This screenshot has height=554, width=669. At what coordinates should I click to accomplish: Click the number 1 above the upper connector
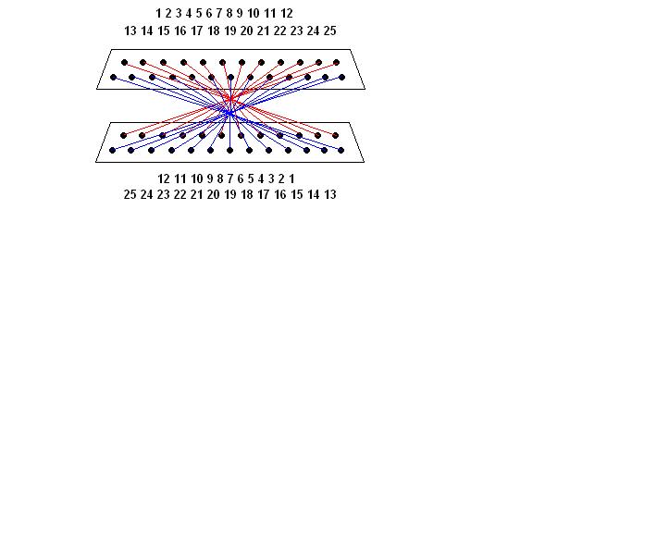[x=158, y=14]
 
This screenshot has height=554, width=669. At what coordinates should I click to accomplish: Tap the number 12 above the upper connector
[x=287, y=14]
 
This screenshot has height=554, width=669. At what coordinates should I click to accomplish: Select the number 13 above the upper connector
[x=130, y=31]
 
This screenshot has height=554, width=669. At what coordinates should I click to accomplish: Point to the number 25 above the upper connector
[x=329, y=31]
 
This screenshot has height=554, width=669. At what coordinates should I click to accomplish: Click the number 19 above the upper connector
[x=230, y=31]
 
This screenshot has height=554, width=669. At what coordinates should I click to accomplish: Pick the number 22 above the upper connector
[x=279, y=31]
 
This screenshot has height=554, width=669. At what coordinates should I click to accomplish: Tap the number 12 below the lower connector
[x=164, y=179]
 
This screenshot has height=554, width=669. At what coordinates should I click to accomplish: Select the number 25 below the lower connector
[x=130, y=195]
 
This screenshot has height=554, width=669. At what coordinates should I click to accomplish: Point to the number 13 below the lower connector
[x=329, y=195]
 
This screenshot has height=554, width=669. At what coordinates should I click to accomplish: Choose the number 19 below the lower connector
[x=230, y=195]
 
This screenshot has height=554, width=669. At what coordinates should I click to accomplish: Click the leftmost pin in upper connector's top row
[x=124, y=63]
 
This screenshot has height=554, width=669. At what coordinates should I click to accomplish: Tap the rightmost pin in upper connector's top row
[x=338, y=63]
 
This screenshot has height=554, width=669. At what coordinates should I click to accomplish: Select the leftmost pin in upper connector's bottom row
[x=114, y=77]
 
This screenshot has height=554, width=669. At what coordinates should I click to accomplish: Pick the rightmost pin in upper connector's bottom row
[x=342, y=77]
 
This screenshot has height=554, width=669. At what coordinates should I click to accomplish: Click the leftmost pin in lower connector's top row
[x=123, y=136]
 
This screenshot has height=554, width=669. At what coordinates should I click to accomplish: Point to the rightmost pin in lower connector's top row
[x=336, y=136]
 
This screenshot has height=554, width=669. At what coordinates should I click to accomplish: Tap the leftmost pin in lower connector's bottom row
[x=113, y=150]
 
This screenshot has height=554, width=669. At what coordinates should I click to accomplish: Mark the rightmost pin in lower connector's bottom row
[x=342, y=150]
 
